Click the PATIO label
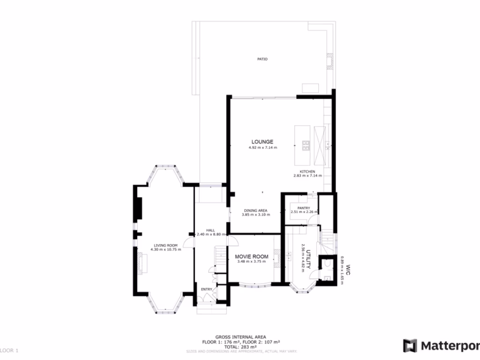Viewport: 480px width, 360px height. coord(262,59)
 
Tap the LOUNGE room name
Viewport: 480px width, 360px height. coord(262,142)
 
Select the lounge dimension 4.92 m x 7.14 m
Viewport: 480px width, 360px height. coord(262,148)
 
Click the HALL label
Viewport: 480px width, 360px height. coord(210,230)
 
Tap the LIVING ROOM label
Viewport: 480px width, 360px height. coord(165,245)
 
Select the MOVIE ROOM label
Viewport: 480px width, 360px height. coord(252,256)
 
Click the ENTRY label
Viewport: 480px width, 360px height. coord(207,289)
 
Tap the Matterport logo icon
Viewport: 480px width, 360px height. coord(410,346)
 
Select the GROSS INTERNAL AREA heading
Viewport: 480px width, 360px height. coord(240,337)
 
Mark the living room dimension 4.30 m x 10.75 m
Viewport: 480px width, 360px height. coord(165,249)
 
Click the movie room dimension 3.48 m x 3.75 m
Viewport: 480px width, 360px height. coord(252,262)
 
